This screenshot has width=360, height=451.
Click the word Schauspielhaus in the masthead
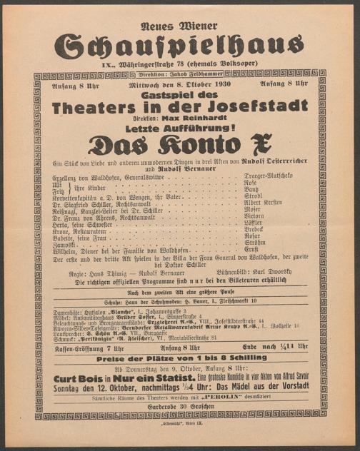180,46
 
